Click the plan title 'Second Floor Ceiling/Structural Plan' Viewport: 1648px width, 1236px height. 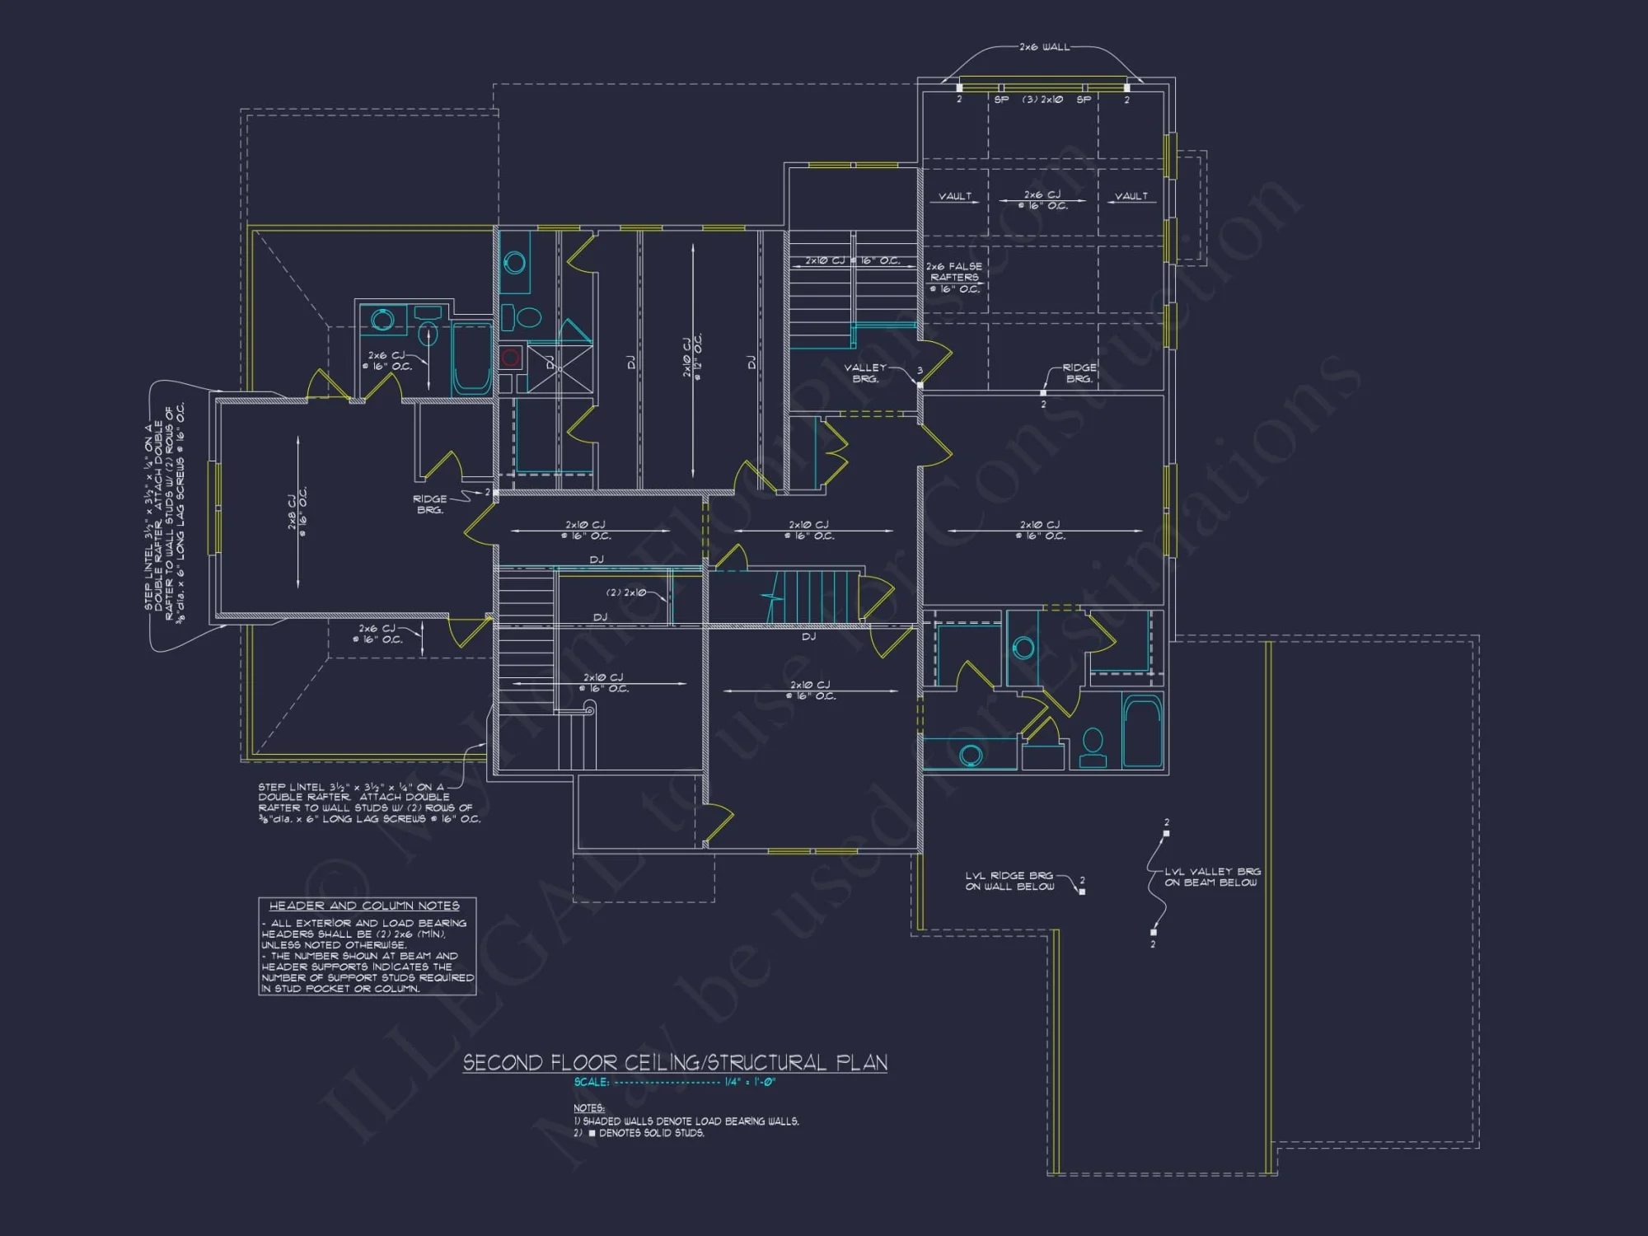coord(675,1063)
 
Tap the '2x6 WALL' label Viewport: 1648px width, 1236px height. coord(1044,47)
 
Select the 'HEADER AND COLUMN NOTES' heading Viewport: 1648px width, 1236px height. coord(364,906)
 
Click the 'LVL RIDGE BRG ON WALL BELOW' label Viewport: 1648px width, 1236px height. coord(1009,881)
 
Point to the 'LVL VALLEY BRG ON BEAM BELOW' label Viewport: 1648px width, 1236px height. coord(1211,877)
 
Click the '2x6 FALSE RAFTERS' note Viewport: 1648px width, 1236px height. coord(954,278)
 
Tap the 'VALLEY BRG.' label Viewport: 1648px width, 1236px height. coord(865,373)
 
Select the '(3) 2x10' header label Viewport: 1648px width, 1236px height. coord(1042,100)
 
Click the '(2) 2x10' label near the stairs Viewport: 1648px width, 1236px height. coord(626,592)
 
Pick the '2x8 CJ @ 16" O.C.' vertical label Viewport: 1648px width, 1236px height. coord(297,512)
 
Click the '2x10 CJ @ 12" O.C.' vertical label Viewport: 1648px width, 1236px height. coord(692,356)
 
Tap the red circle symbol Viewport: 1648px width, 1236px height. coord(510,357)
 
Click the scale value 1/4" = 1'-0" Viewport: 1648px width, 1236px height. coord(750,1082)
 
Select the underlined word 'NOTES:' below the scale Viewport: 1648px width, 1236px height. coord(589,1108)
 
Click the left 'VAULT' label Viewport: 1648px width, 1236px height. coord(955,196)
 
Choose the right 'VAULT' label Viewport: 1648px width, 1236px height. coord(1131,196)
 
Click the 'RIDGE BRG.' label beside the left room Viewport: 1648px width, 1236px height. coord(429,504)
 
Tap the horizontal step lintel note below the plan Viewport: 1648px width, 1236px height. coord(368,803)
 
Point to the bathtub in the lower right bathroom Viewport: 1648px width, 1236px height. coord(1142,732)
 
